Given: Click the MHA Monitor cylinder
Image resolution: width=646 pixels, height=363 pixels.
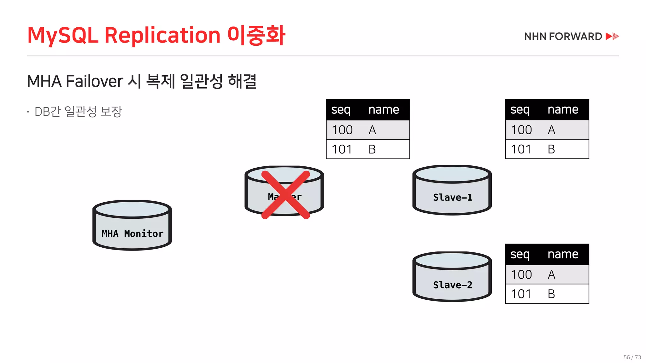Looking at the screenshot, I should [132, 225].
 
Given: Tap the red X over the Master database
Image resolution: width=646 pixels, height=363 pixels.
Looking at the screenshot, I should [285, 195].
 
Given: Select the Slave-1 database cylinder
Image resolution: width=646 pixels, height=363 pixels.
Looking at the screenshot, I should [452, 190].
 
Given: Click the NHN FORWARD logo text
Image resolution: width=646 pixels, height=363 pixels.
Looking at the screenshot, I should [563, 37].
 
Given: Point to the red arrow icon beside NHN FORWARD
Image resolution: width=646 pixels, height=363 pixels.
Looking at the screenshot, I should [612, 36].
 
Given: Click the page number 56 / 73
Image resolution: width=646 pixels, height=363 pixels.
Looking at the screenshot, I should [632, 357].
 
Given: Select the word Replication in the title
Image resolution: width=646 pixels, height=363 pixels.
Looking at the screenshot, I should [162, 35].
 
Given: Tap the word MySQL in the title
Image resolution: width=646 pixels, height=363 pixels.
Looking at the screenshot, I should [63, 35].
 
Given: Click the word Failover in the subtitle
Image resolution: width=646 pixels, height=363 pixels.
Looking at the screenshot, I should [94, 81].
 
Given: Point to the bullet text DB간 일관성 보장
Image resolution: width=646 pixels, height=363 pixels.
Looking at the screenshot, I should [78, 112].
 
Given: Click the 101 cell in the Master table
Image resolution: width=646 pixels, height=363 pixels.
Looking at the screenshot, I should [342, 149].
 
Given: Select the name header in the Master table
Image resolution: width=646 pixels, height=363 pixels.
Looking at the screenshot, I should [384, 110].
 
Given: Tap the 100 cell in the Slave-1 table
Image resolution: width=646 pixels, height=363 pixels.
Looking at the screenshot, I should [521, 130].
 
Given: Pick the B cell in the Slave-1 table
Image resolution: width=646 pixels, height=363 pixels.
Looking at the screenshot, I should [551, 149].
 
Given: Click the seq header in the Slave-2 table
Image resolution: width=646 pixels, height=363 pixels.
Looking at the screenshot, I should [520, 254].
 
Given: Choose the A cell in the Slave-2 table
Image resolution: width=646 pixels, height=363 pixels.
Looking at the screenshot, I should [551, 274].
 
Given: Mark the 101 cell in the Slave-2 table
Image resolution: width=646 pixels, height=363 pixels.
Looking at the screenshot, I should [521, 294].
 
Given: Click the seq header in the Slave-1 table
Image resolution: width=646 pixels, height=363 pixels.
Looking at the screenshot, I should [520, 110].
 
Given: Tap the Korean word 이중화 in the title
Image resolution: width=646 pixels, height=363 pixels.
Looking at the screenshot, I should [256, 35].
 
